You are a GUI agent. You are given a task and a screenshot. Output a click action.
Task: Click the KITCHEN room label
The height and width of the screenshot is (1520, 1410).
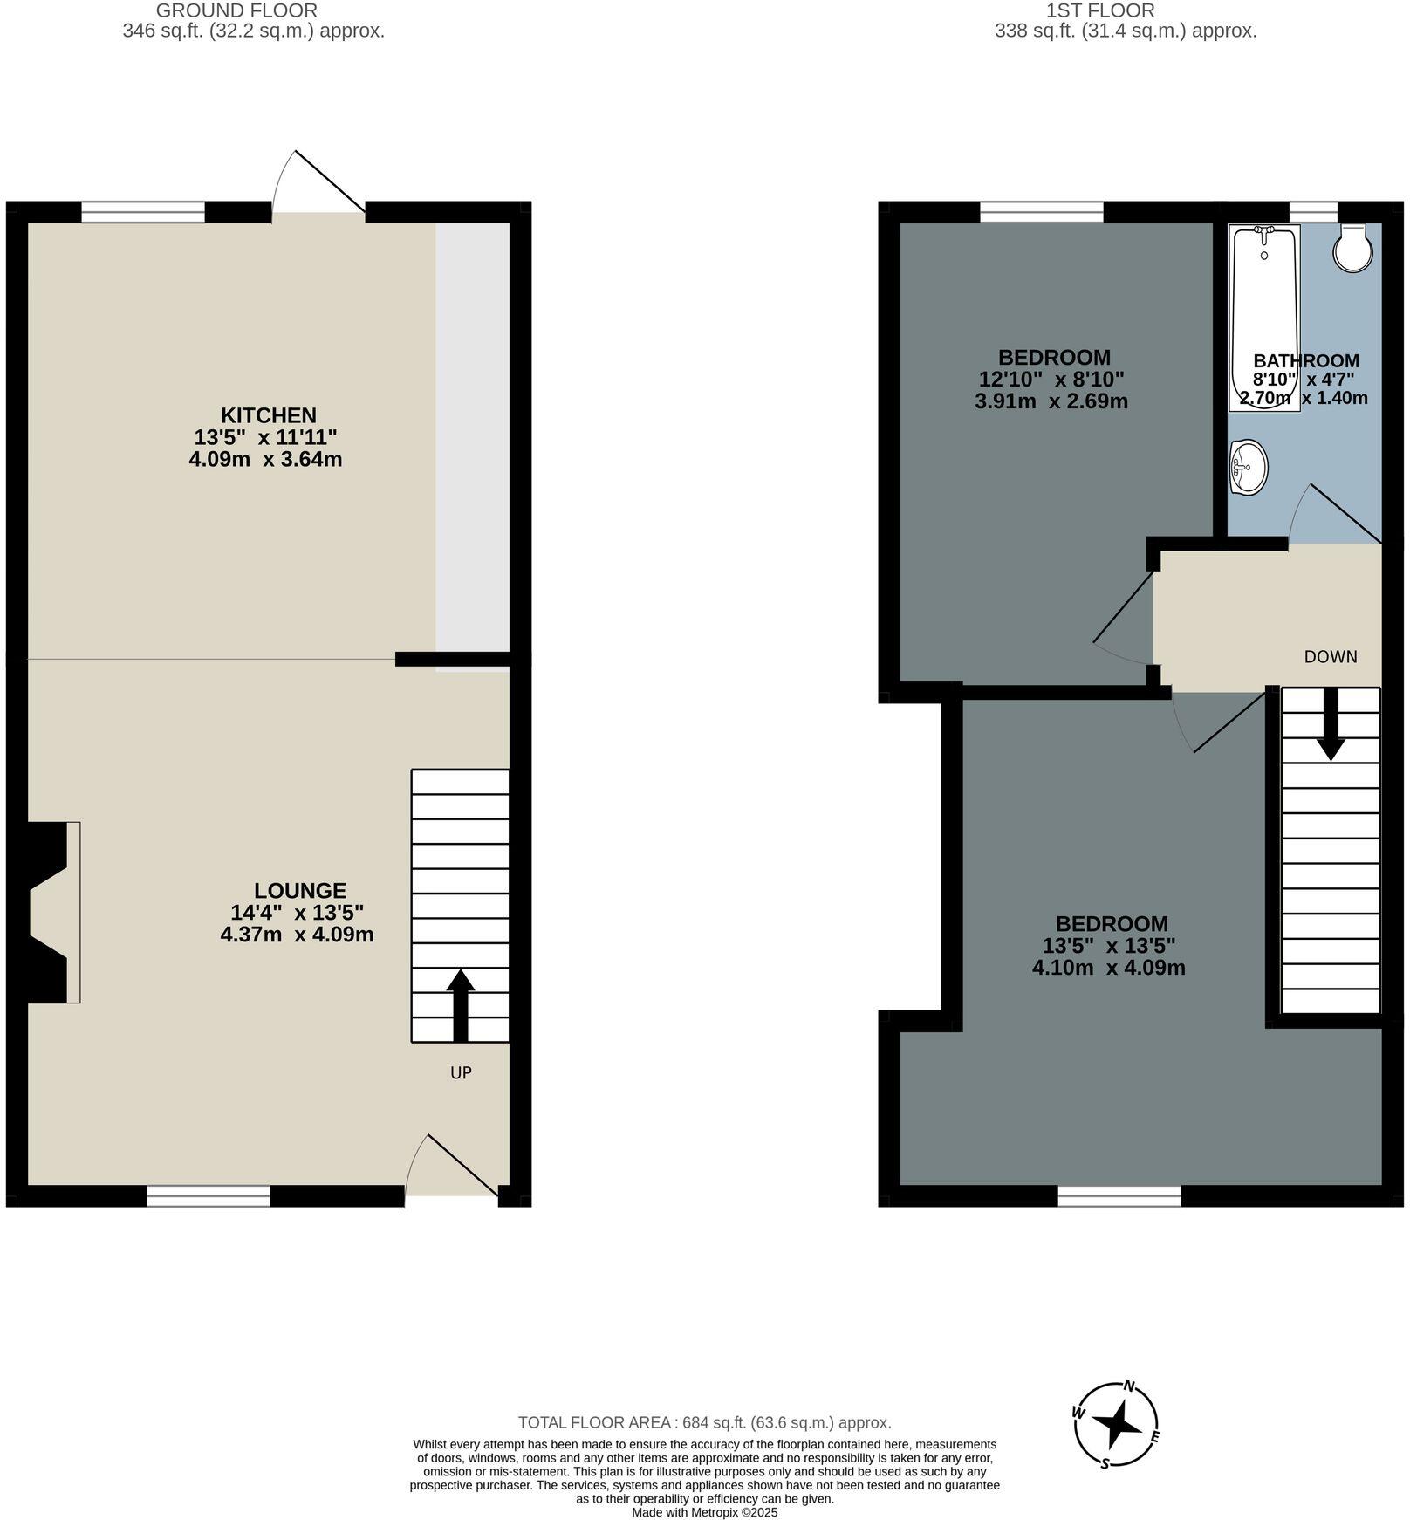click(268, 415)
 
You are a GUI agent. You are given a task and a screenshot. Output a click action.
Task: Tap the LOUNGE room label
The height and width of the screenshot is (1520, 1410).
click(299, 891)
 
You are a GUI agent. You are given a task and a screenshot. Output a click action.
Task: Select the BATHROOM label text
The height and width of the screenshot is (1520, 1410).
click(1305, 360)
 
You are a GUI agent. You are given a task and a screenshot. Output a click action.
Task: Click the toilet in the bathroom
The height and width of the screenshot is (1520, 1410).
click(1353, 248)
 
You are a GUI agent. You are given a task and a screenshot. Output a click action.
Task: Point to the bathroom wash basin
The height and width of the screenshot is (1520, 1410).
click(1249, 467)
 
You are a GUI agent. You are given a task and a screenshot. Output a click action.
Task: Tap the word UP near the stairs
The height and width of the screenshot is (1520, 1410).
click(461, 1072)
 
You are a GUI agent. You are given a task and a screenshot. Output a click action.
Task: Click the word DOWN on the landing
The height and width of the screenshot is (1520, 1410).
click(1330, 656)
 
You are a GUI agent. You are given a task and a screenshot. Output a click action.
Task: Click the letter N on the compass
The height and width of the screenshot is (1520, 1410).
click(1129, 1386)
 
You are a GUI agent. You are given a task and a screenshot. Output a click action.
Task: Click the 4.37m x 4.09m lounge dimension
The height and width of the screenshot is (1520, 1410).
click(297, 935)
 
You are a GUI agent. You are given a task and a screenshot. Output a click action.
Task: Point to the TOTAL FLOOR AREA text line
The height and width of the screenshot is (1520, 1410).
click(704, 1422)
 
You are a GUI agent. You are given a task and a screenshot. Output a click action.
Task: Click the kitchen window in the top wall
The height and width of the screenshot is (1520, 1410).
click(143, 212)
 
